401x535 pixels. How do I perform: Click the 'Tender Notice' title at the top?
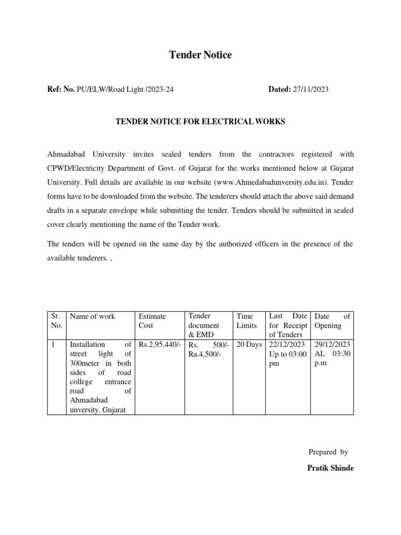(x=200, y=55)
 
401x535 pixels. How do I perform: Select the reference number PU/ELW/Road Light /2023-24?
(x=125, y=89)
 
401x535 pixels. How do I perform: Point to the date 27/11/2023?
(x=310, y=89)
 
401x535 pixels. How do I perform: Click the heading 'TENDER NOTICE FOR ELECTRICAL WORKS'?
(x=200, y=122)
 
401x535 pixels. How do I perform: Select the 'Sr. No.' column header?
(x=56, y=321)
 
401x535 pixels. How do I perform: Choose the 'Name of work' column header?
(x=92, y=316)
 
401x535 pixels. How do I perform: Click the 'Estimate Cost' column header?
(x=152, y=321)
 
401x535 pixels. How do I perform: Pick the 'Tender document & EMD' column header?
(x=201, y=325)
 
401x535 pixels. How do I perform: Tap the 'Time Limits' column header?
(x=246, y=321)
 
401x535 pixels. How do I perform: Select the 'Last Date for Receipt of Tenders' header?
(x=288, y=325)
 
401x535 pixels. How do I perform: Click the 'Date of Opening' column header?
(x=332, y=321)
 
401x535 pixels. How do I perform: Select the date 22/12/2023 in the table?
(x=288, y=345)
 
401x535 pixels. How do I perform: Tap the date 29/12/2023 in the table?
(x=332, y=345)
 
